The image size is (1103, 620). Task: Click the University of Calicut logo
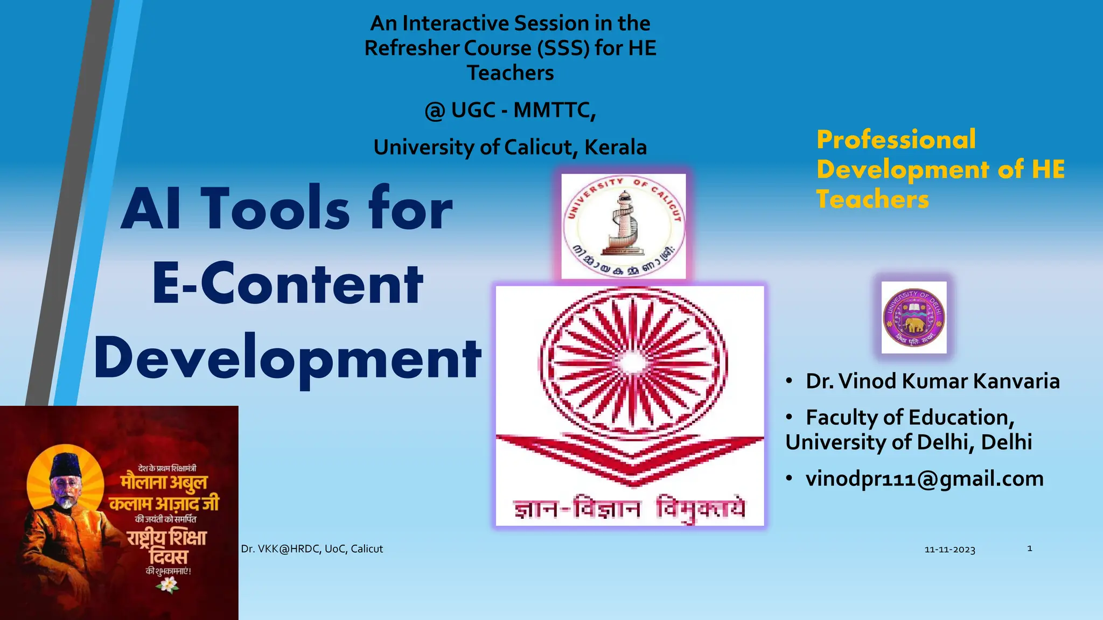click(x=624, y=226)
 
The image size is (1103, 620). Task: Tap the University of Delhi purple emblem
click(x=914, y=318)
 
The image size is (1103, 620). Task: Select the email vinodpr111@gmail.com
click(x=924, y=479)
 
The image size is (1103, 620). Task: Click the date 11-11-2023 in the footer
click(x=950, y=549)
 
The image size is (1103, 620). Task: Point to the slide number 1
click(x=1029, y=548)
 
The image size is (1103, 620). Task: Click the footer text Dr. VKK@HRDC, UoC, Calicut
click(x=312, y=549)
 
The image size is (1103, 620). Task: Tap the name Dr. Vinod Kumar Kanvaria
click(x=932, y=381)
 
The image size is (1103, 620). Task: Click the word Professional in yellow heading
click(x=896, y=139)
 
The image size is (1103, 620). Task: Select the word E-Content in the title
click(x=288, y=284)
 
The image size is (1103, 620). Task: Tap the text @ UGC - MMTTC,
click(x=510, y=110)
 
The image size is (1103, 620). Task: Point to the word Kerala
click(x=616, y=147)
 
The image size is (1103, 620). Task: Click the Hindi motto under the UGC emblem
click(x=629, y=508)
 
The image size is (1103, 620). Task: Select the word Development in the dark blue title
click(x=288, y=358)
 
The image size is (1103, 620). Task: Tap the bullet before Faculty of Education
click(x=789, y=418)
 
